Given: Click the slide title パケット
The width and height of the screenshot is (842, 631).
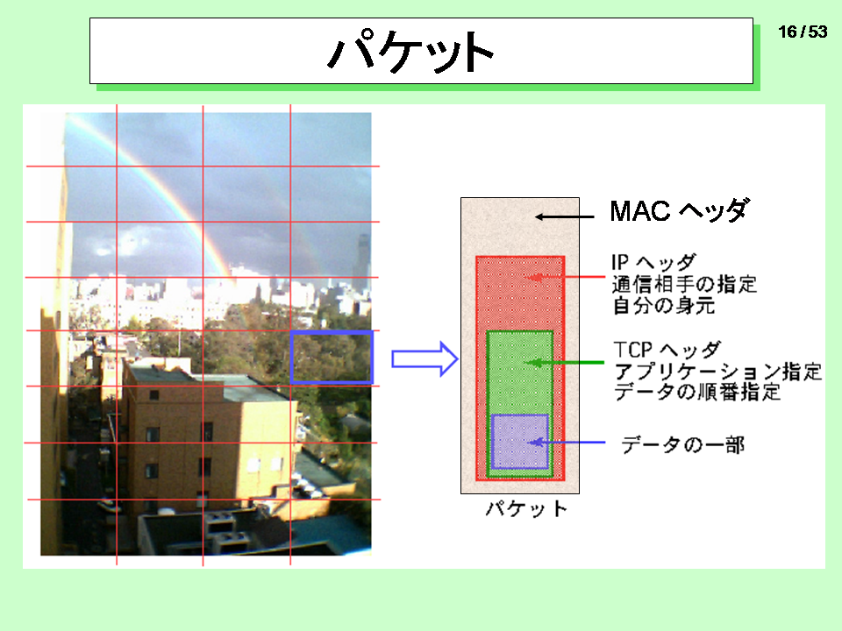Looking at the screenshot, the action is [x=410, y=51].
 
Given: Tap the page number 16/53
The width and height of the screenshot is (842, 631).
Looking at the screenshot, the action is [x=803, y=32].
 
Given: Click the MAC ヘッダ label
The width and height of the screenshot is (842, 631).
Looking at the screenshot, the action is [x=680, y=210].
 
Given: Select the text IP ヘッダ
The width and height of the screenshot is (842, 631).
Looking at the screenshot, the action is [x=653, y=262].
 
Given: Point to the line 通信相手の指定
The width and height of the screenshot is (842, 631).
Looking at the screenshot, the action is [x=684, y=284].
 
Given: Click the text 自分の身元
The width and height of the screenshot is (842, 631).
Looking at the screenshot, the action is [x=664, y=305].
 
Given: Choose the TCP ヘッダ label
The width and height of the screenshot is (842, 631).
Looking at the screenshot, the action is [x=667, y=350].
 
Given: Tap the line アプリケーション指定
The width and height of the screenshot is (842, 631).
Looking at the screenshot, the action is [x=717, y=372].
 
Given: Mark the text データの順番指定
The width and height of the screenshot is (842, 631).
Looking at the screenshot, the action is [x=697, y=392].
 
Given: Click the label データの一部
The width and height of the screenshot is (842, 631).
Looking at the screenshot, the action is [x=682, y=445].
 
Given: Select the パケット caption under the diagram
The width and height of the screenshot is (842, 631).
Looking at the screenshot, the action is [x=526, y=508].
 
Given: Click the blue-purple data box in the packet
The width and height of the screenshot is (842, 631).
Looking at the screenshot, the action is [x=520, y=441].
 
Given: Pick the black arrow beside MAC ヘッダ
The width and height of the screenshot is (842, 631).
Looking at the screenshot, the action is [x=564, y=216].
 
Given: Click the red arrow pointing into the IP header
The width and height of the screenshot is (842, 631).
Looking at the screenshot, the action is [x=566, y=277].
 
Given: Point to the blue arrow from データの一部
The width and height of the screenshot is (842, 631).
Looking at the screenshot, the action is [x=567, y=442].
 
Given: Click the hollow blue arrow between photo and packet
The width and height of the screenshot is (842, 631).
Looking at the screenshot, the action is [x=425, y=358].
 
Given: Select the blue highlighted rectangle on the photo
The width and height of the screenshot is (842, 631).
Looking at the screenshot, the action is [x=332, y=358].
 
